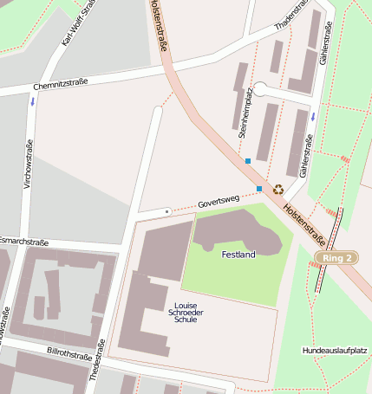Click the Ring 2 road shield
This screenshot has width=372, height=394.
click(336, 258)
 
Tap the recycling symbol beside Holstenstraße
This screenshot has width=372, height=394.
click(278, 190)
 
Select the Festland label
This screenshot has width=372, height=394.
click(238, 255)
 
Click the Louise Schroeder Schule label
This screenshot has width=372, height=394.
click(186, 313)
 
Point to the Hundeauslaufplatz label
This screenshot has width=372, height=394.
click(335, 351)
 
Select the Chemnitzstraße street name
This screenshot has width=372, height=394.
click(62, 86)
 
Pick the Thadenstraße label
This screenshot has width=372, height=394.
click(292, 16)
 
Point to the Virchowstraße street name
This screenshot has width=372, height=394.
click(29, 164)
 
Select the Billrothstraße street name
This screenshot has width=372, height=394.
click(69, 355)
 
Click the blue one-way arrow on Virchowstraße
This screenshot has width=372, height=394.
click(33, 101)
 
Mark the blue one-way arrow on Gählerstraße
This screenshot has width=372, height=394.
click(313, 115)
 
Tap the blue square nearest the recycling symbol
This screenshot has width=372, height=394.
click(258, 189)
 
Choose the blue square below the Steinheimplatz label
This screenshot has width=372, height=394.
click(248, 161)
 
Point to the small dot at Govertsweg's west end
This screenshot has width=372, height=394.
click(167, 210)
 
